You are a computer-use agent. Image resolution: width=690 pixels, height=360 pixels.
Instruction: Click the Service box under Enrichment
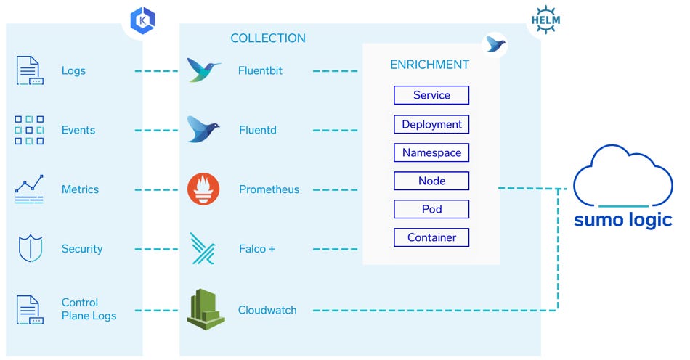pos(431,95)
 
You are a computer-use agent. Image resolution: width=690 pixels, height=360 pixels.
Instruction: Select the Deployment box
pos(431,124)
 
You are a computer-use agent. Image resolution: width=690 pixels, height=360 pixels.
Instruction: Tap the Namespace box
pos(431,152)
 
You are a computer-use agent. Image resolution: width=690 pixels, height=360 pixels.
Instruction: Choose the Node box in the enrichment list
pos(431,181)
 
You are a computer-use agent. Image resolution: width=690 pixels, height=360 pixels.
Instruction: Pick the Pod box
pos(431,209)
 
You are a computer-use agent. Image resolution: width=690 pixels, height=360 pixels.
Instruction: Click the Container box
pos(431,237)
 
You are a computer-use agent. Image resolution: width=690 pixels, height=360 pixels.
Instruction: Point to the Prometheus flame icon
pos(203,189)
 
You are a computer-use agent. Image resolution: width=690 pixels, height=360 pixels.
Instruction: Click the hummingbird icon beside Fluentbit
pos(203,70)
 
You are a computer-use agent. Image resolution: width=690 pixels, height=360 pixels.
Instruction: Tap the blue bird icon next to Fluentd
pos(203,130)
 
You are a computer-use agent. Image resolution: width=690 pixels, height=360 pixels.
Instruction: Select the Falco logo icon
pos(203,248)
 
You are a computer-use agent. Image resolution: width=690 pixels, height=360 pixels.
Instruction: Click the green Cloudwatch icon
pos(203,309)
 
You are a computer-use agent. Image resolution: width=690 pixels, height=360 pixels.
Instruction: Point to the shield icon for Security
pos(30,248)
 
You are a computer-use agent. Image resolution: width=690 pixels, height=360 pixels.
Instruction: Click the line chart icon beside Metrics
pos(30,189)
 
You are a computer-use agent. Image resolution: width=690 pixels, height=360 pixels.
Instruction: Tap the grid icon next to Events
pos(30,130)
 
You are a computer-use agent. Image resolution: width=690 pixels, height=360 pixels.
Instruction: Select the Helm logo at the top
pos(545,19)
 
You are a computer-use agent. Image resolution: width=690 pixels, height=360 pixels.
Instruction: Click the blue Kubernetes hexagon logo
pos(142,20)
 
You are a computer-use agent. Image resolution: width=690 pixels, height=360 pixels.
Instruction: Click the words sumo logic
pos(622,220)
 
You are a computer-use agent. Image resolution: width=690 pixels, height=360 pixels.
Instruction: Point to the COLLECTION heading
pos(268,38)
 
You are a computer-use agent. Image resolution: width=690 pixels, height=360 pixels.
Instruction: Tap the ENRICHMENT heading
pos(429,65)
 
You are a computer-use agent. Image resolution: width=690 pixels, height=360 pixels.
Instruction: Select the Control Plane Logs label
pos(89,309)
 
